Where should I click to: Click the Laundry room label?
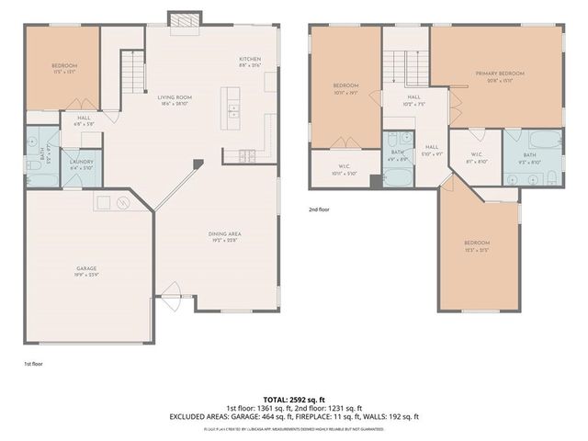pyautogui.click(x=81, y=164)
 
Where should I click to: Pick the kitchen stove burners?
pyautogui.click(x=245, y=155)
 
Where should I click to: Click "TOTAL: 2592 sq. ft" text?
pyautogui.click(x=294, y=398)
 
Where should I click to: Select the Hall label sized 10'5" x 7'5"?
pyautogui.click(x=414, y=99)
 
